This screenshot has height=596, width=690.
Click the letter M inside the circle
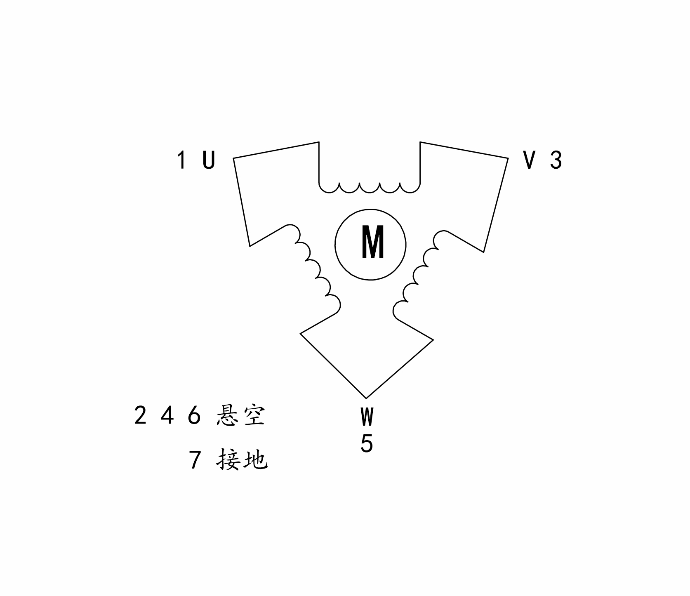tap(372, 242)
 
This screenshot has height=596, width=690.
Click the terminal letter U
tap(209, 160)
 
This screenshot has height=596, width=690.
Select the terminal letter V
tap(530, 160)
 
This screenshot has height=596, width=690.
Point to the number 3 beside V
tap(556, 160)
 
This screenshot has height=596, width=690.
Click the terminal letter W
tap(367, 417)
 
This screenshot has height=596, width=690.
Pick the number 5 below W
tap(367, 444)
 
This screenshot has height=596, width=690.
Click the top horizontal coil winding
tap(370, 188)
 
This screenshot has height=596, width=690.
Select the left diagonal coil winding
tap(316, 270)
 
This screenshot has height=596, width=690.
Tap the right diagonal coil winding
tap(418, 274)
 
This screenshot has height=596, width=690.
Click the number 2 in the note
tap(140, 415)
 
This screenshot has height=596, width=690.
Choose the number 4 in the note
tap(167, 415)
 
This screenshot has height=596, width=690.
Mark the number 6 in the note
tap(194, 415)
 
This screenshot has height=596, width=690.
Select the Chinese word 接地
tap(242, 459)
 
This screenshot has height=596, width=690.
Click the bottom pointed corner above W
tap(366, 398)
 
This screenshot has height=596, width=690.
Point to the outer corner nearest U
tap(233, 158)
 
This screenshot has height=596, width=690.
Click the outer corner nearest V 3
tap(508, 158)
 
